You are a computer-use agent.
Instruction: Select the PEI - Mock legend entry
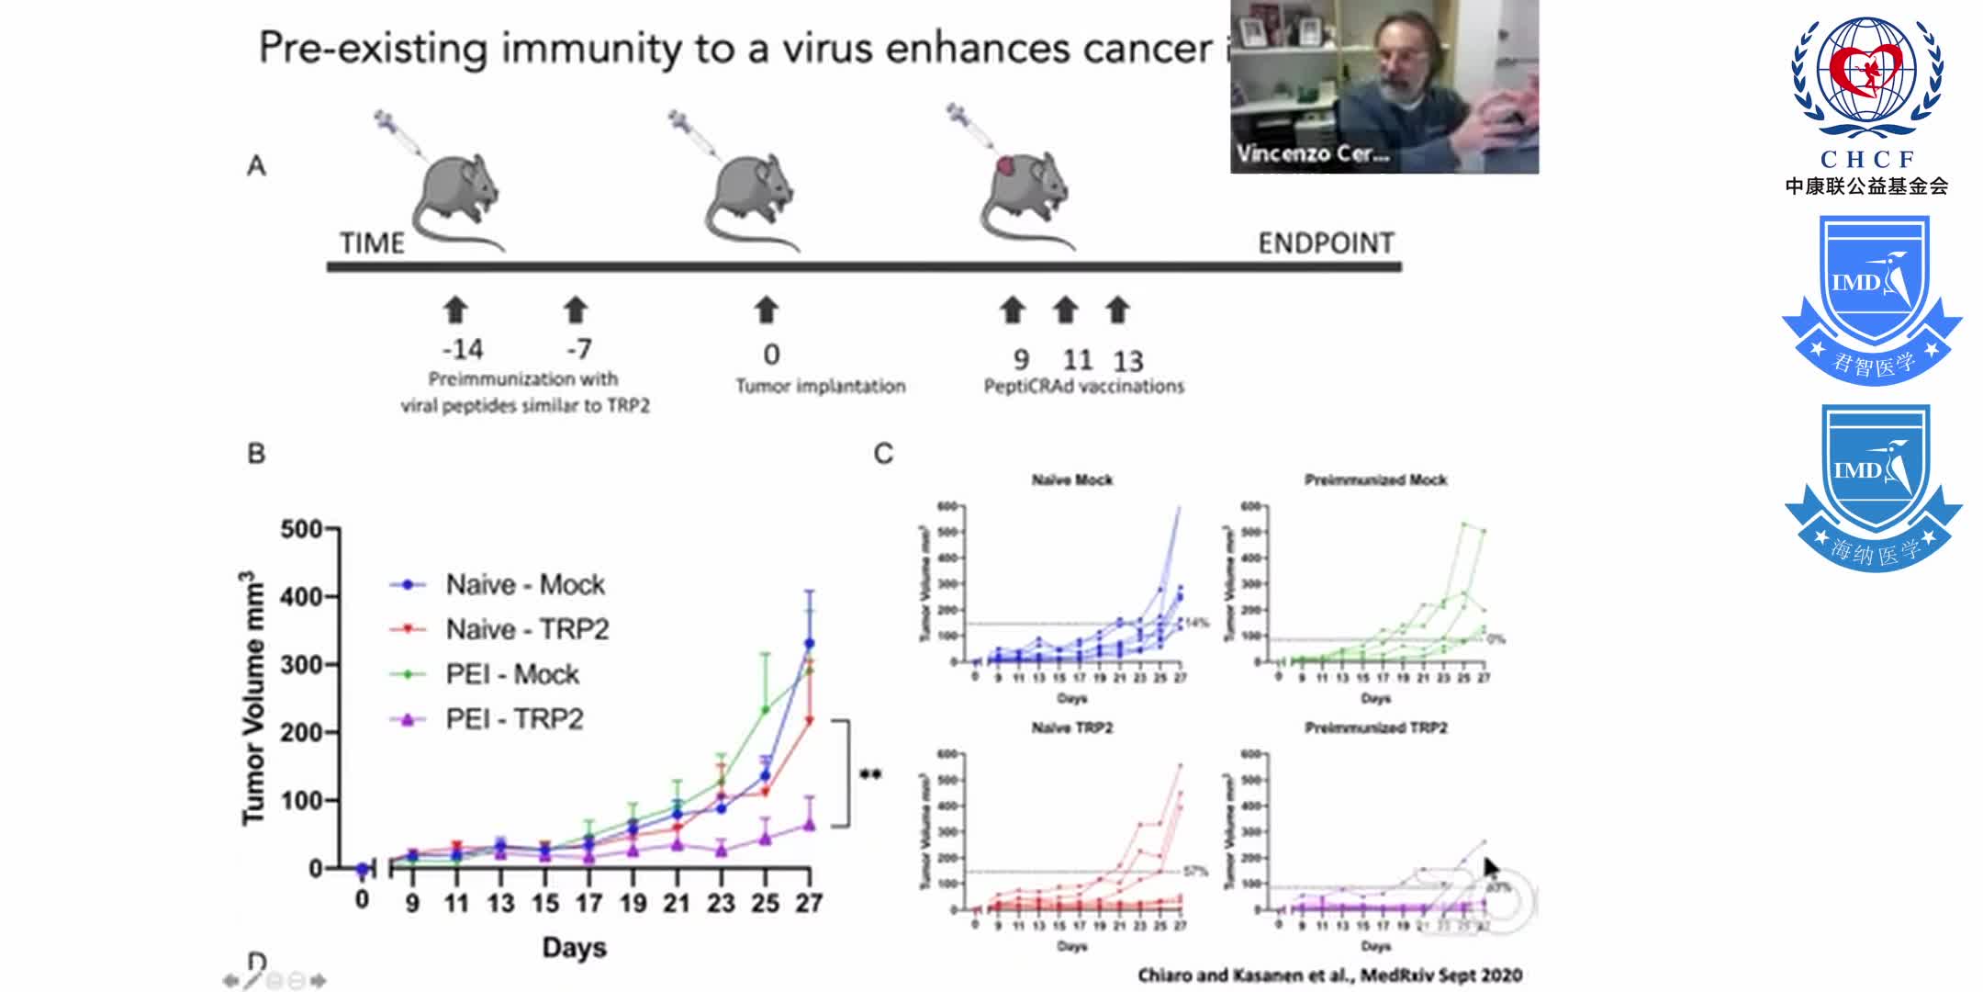pyautogui.click(x=511, y=674)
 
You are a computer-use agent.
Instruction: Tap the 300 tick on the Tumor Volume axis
pyautogui.click(x=300, y=664)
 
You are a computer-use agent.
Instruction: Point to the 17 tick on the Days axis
pyautogui.click(x=588, y=904)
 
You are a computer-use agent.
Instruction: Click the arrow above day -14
pyautogui.click(x=455, y=310)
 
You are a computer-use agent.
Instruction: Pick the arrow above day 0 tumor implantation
pyautogui.click(x=767, y=310)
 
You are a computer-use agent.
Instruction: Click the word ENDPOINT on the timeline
pyautogui.click(x=1325, y=243)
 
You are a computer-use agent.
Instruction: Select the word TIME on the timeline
pyautogui.click(x=372, y=243)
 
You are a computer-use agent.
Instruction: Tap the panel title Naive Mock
pyautogui.click(x=1071, y=479)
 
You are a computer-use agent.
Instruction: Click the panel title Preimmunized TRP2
pyautogui.click(x=1375, y=727)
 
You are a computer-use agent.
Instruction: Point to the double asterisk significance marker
pyautogui.click(x=870, y=774)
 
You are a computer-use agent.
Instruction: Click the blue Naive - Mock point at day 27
pyautogui.click(x=809, y=643)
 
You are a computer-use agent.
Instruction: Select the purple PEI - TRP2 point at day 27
pyautogui.click(x=809, y=824)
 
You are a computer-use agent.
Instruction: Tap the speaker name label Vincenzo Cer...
pyautogui.click(x=1311, y=153)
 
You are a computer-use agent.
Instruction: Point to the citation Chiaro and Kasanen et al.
pyautogui.click(x=1329, y=975)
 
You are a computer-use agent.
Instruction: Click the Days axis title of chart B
pyautogui.click(x=574, y=947)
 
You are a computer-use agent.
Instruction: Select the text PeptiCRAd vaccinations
pyautogui.click(x=1083, y=387)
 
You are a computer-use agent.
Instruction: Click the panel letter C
pyautogui.click(x=883, y=454)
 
